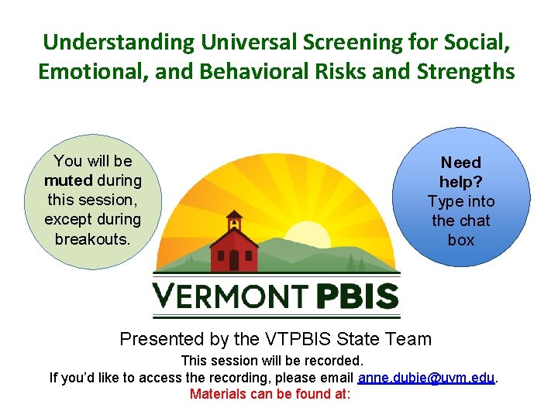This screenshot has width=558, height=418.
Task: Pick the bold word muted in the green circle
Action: pyautogui.click(x=69, y=180)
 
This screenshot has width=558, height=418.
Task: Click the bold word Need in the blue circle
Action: pyautogui.click(x=460, y=163)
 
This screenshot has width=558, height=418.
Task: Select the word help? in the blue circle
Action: pyautogui.click(x=460, y=182)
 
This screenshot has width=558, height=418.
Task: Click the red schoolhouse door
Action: pyautogui.click(x=234, y=259)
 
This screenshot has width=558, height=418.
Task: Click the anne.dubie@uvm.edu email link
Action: pyautogui.click(x=425, y=378)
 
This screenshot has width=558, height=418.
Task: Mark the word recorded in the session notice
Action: pyautogui.click(x=336, y=361)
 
